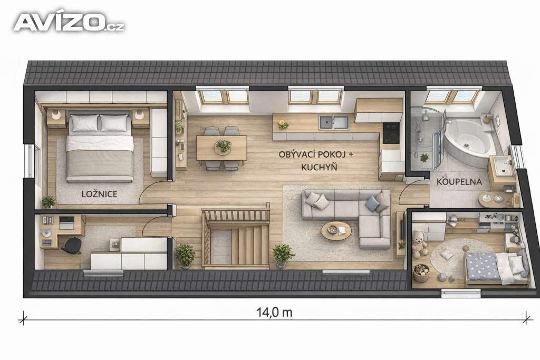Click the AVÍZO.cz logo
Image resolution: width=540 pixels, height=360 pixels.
click(69, 23)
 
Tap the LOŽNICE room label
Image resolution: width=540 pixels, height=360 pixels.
click(99, 194)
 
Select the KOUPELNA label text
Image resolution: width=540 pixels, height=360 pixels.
click(459, 182)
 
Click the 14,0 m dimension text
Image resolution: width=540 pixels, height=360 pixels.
click(274, 313)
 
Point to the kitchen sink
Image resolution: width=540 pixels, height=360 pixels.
click(334, 122)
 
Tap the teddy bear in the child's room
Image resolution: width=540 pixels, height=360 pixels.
click(420, 244)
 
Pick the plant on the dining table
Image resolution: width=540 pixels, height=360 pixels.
click(223, 146)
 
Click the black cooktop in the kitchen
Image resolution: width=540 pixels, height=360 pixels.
click(391, 132)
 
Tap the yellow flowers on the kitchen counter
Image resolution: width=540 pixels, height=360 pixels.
click(283, 124)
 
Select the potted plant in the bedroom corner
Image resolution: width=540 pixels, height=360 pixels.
click(49, 202)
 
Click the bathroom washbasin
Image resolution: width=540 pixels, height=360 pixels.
click(502, 165)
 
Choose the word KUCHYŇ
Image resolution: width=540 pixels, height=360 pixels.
click(319, 167)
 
